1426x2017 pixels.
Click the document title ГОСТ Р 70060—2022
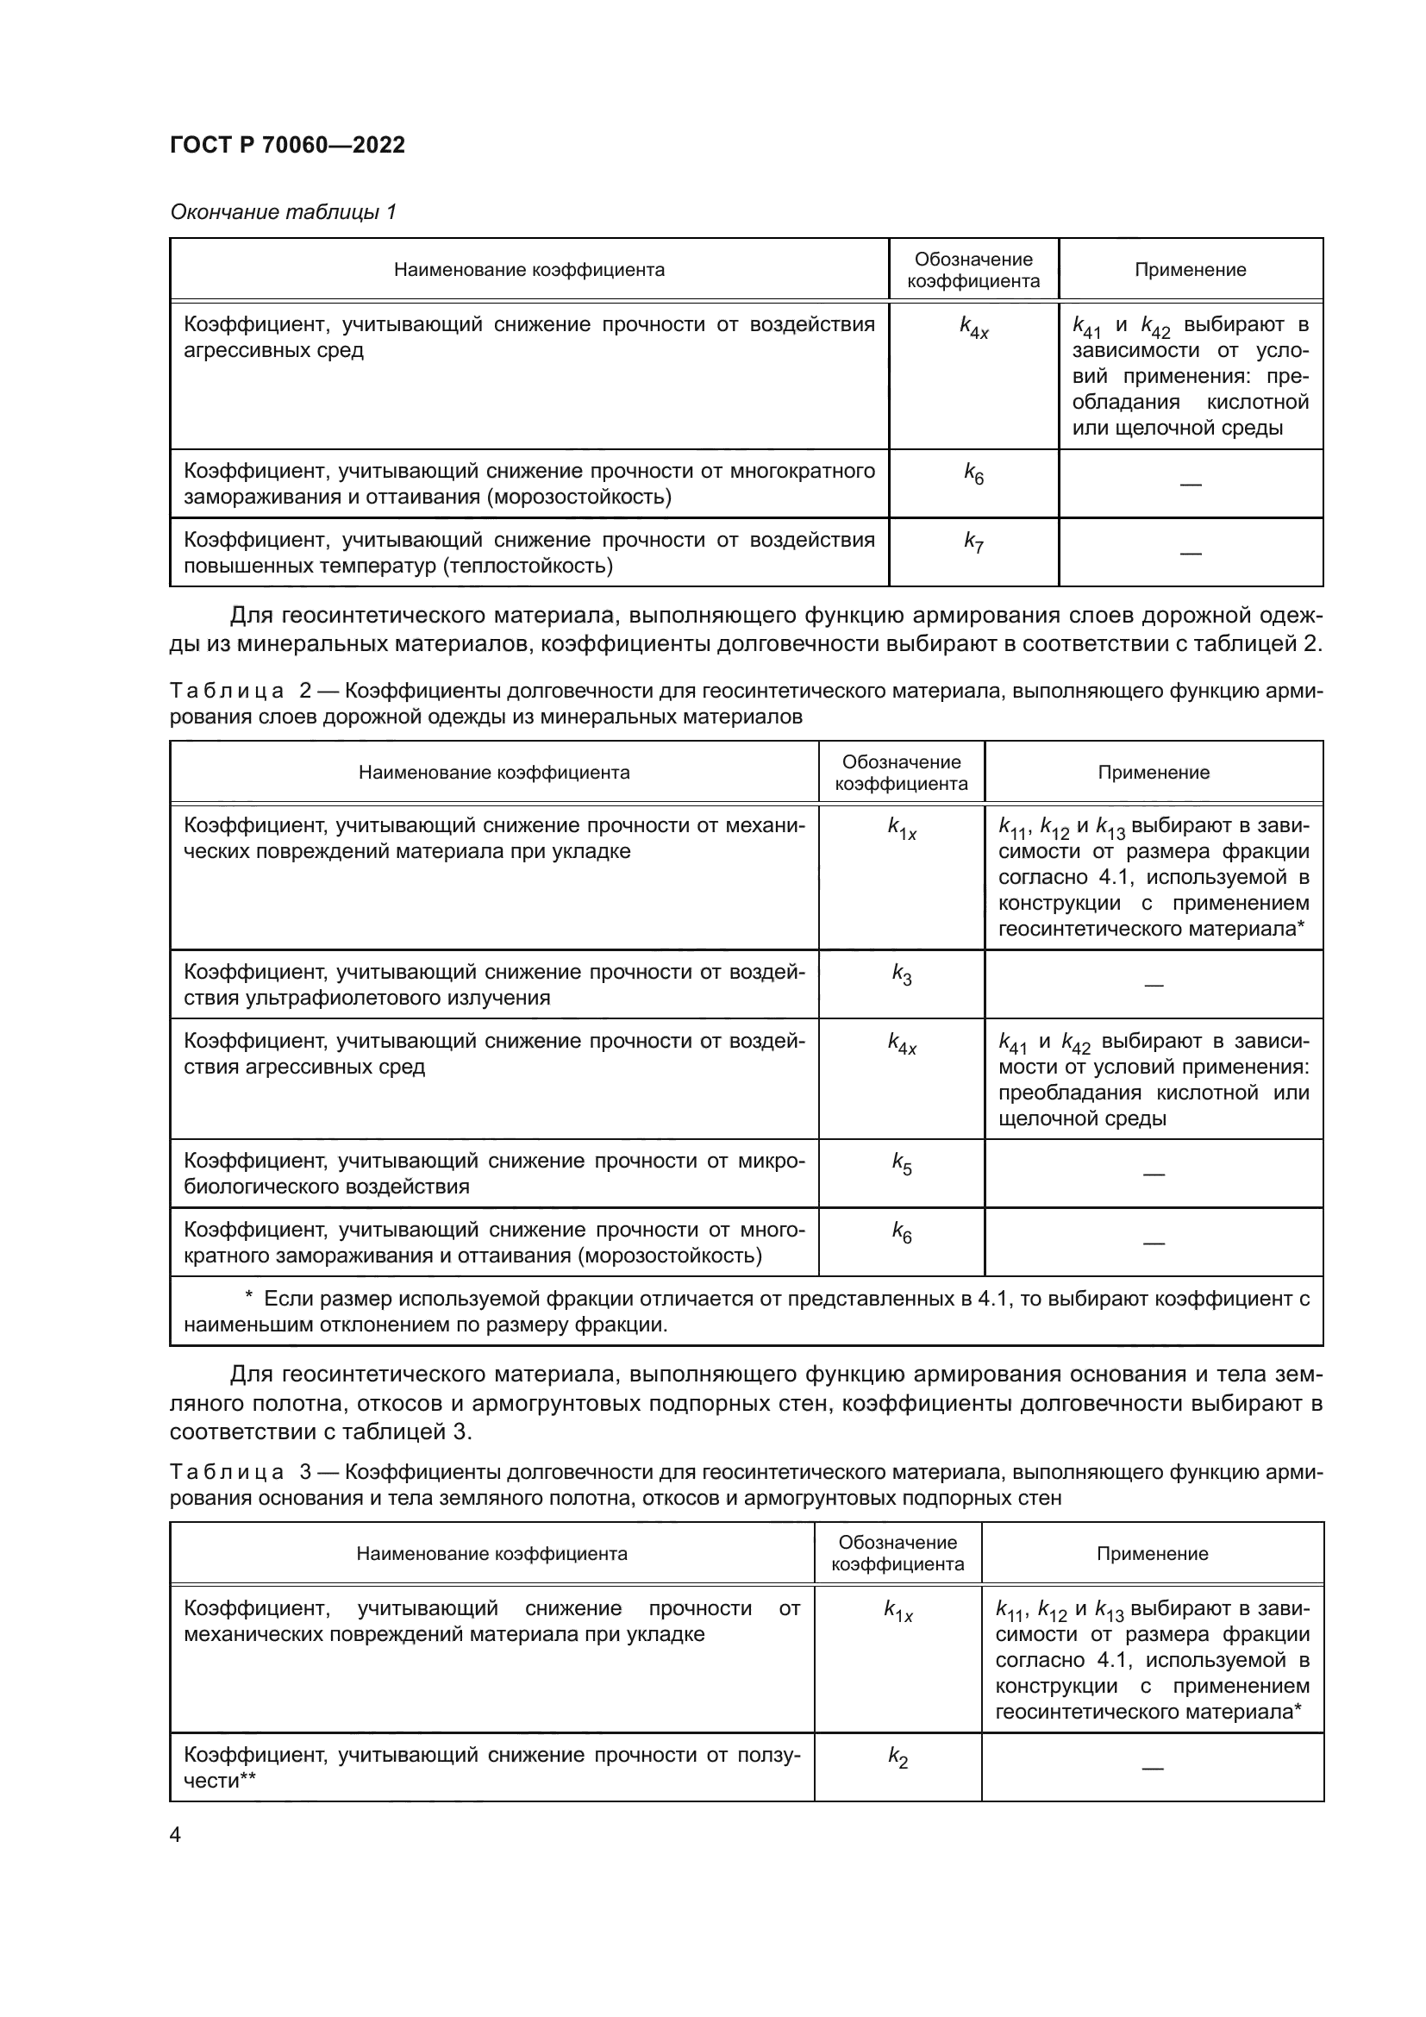tap(287, 145)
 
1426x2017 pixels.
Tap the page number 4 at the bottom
tap(175, 1834)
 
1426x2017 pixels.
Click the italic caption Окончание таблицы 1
tap(283, 212)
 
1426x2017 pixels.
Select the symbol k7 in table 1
tap(973, 542)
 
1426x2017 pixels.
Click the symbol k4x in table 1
tap(973, 328)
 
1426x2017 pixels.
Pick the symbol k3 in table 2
tap(901, 974)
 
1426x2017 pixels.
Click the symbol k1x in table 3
tap(898, 1611)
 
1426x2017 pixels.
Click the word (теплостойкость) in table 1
tap(528, 566)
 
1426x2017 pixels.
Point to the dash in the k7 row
tap(1190, 554)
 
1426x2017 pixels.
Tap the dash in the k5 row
tap(1153, 1174)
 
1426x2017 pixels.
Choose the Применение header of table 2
tap(1153, 772)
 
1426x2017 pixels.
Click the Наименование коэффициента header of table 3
tap(491, 1553)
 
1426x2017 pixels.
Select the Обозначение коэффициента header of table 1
tap(973, 270)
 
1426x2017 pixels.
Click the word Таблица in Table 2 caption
tap(227, 692)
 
